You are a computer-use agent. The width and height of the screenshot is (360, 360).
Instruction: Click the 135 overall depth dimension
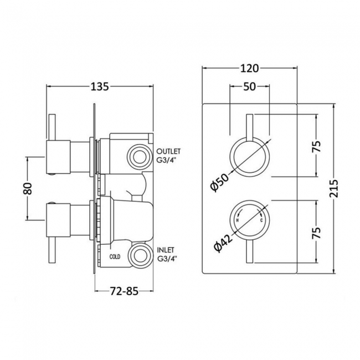click(99, 86)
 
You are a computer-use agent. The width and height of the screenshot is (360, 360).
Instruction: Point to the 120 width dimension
click(250, 69)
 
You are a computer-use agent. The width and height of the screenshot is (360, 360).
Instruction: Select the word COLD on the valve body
click(115, 256)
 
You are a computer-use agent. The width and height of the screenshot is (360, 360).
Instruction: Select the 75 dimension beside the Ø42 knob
click(316, 231)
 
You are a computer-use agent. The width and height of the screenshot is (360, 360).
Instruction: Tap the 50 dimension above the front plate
click(249, 87)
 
